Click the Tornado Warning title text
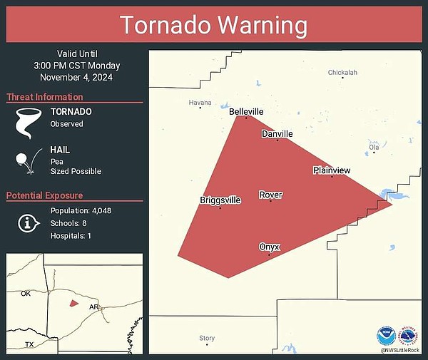coord(213,24)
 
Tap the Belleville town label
coord(246,112)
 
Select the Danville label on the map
coord(277,133)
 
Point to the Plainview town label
coord(332,170)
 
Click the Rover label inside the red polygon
coord(270,195)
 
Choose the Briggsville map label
coord(220,200)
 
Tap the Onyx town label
coord(270,247)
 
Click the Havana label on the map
coord(200,103)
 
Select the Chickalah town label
coord(342,72)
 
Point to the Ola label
coord(374,147)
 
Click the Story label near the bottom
coord(207,338)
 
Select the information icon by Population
coord(28,223)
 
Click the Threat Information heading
coord(45,97)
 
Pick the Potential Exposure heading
coord(45,195)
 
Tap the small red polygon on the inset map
coord(73,303)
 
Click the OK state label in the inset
coord(26,294)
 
